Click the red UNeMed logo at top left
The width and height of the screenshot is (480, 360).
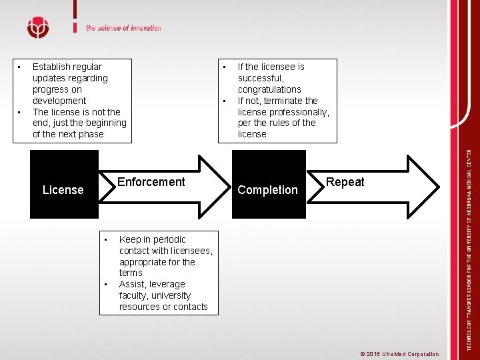coord(38,28)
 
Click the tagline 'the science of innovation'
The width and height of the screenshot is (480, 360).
coord(123,28)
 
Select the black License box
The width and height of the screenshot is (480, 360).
coord(63,190)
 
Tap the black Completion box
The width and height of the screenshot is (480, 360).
coord(267,190)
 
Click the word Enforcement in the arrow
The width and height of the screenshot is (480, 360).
coord(151,182)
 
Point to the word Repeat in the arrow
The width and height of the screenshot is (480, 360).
coord(345,182)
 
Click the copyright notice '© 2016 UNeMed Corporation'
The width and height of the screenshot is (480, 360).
coord(399,354)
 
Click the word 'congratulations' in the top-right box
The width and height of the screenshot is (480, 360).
coord(269,89)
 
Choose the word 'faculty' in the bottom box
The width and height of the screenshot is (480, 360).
coord(133,296)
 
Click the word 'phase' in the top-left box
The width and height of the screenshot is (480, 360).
coord(91,134)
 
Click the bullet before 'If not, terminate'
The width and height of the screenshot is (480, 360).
coord(225,101)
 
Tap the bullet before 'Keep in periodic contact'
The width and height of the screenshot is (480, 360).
coord(106,239)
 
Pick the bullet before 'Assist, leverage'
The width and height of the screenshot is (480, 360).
coord(106,285)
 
